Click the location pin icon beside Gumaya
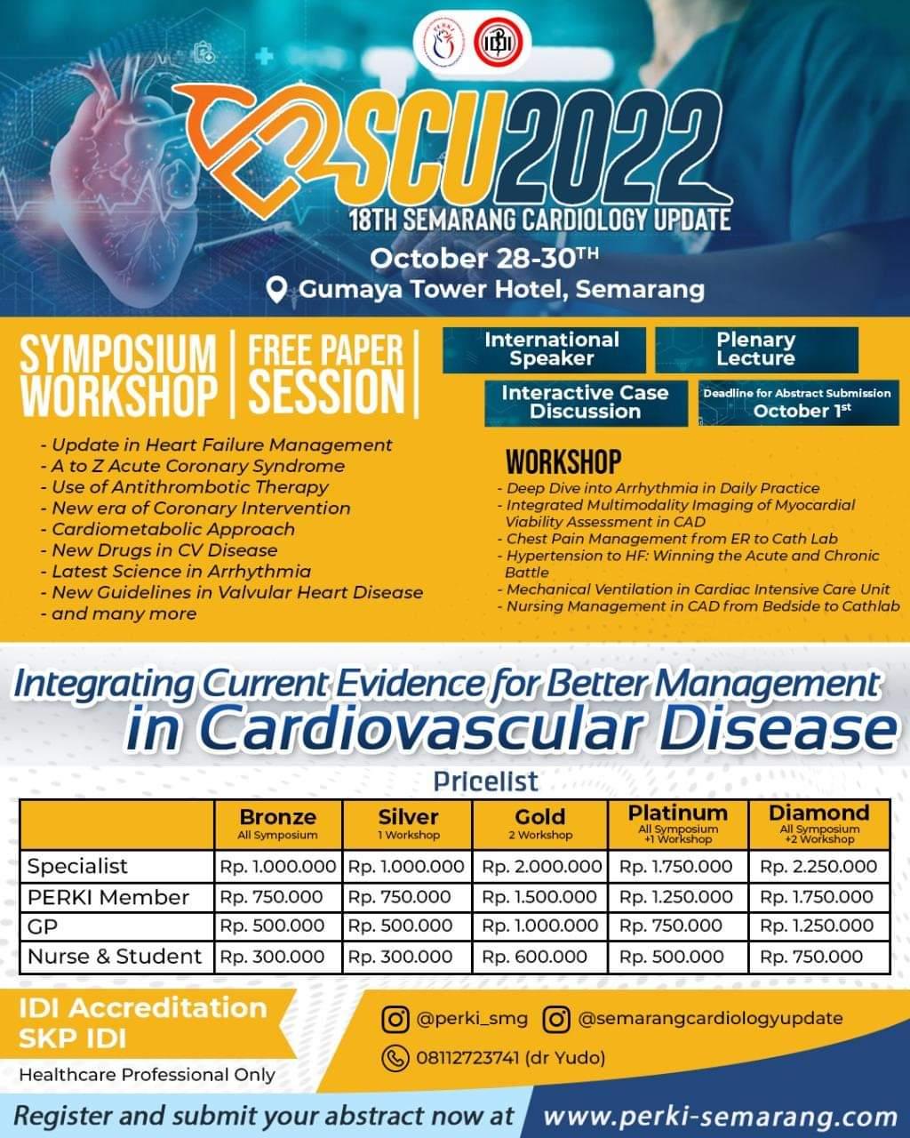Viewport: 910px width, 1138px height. click(x=277, y=290)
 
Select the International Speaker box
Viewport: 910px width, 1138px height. click(x=544, y=349)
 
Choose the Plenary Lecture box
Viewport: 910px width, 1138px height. click(x=756, y=349)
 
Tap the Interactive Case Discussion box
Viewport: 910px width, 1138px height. click(x=586, y=403)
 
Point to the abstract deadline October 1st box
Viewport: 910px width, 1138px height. click(x=797, y=403)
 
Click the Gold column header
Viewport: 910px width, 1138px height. click(x=539, y=823)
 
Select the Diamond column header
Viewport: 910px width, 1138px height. click(x=818, y=823)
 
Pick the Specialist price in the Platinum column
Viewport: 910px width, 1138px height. click(x=676, y=866)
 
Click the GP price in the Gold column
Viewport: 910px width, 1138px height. click(x=539, y=926)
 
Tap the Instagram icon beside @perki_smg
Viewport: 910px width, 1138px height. click(x=395, y=1019)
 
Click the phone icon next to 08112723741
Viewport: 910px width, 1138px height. click(x=395, y=1058)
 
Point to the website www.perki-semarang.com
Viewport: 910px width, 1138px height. click(x=719, y=1117)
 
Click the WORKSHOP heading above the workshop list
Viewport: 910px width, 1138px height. click(x=563, y=462)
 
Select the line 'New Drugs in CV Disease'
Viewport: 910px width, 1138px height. click(x=164, y=550)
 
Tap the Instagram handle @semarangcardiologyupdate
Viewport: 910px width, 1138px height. click(x=710, y=1019)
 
